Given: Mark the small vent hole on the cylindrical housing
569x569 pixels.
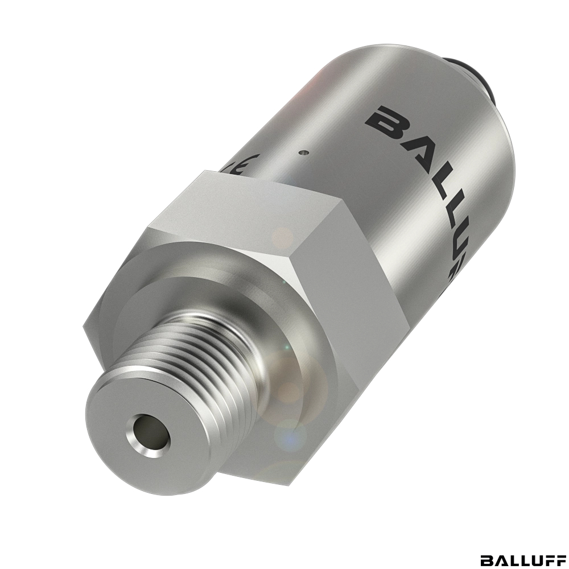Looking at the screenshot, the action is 304,152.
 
